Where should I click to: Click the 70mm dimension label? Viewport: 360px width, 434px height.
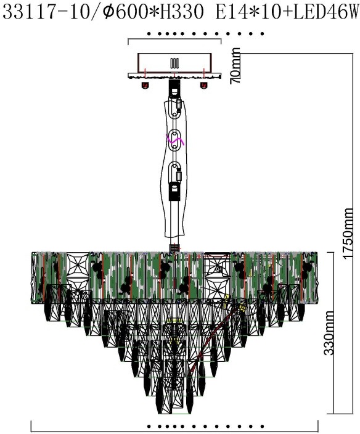[235, 65]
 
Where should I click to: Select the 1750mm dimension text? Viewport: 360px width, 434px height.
[348, 233]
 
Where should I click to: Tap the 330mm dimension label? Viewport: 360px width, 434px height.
[329, 333]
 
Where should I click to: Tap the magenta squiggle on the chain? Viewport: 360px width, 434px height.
[175, 141]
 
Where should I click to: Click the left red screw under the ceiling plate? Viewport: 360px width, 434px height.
[145, 85]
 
